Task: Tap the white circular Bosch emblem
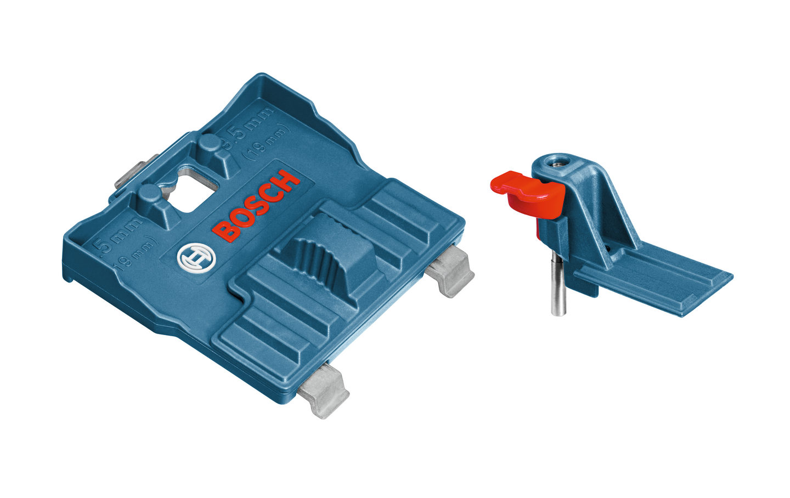(x=196, y=257)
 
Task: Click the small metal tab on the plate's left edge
(x=128, y=176)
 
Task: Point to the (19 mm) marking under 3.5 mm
(x=267, y=143)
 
